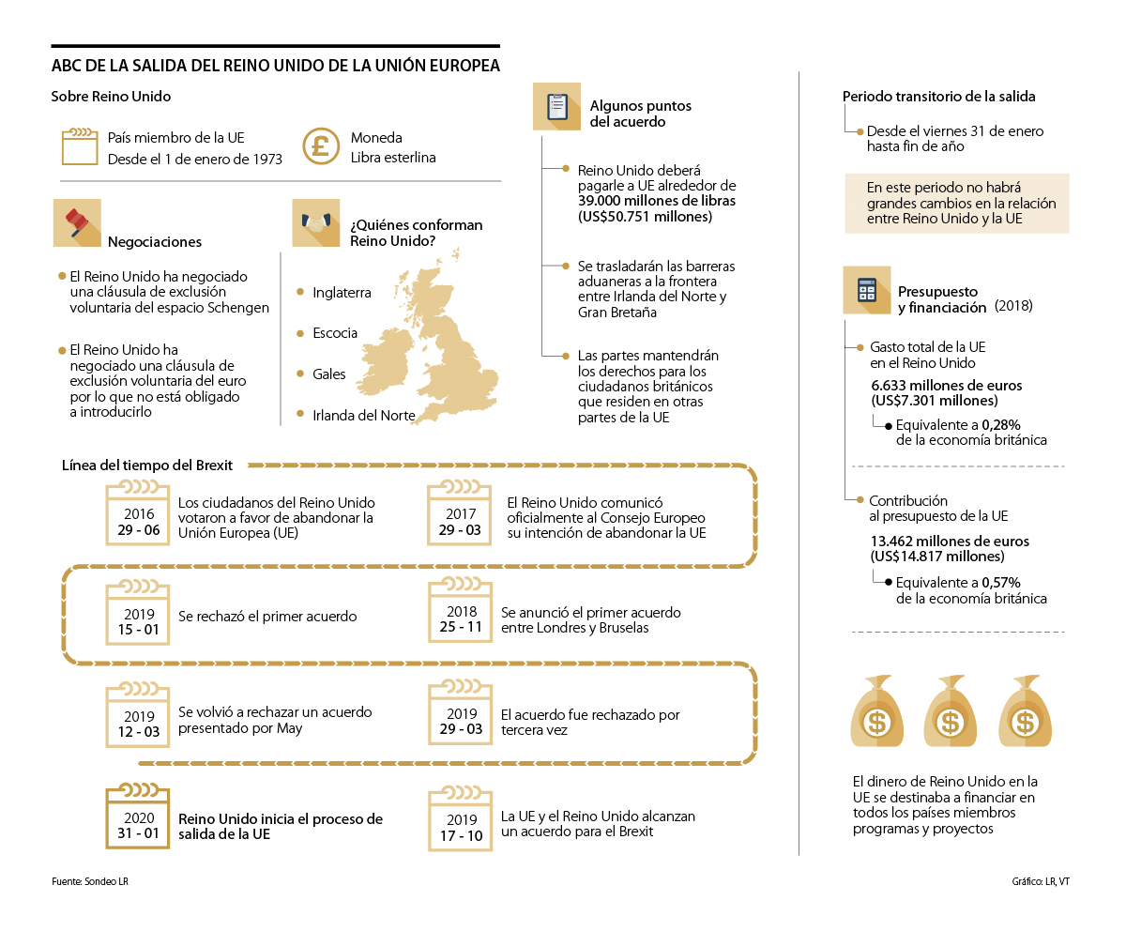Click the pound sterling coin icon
(x=321, y=146)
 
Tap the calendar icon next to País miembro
(x=80, y=146)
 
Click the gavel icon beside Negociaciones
(x=77, y=223)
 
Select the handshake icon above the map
(x=315, y=222)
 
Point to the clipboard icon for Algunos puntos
(x=556, y=106)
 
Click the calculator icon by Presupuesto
(x=866, y=290)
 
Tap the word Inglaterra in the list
(x=342, y=293)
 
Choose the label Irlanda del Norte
(x=363, y=415)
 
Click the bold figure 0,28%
(x=1000, y=424)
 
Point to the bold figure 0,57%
(x=1000, y=582)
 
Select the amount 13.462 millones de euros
(x=950, y=542)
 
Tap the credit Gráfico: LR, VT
(x=1041, y=881)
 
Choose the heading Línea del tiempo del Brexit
(x=147, y=465)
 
